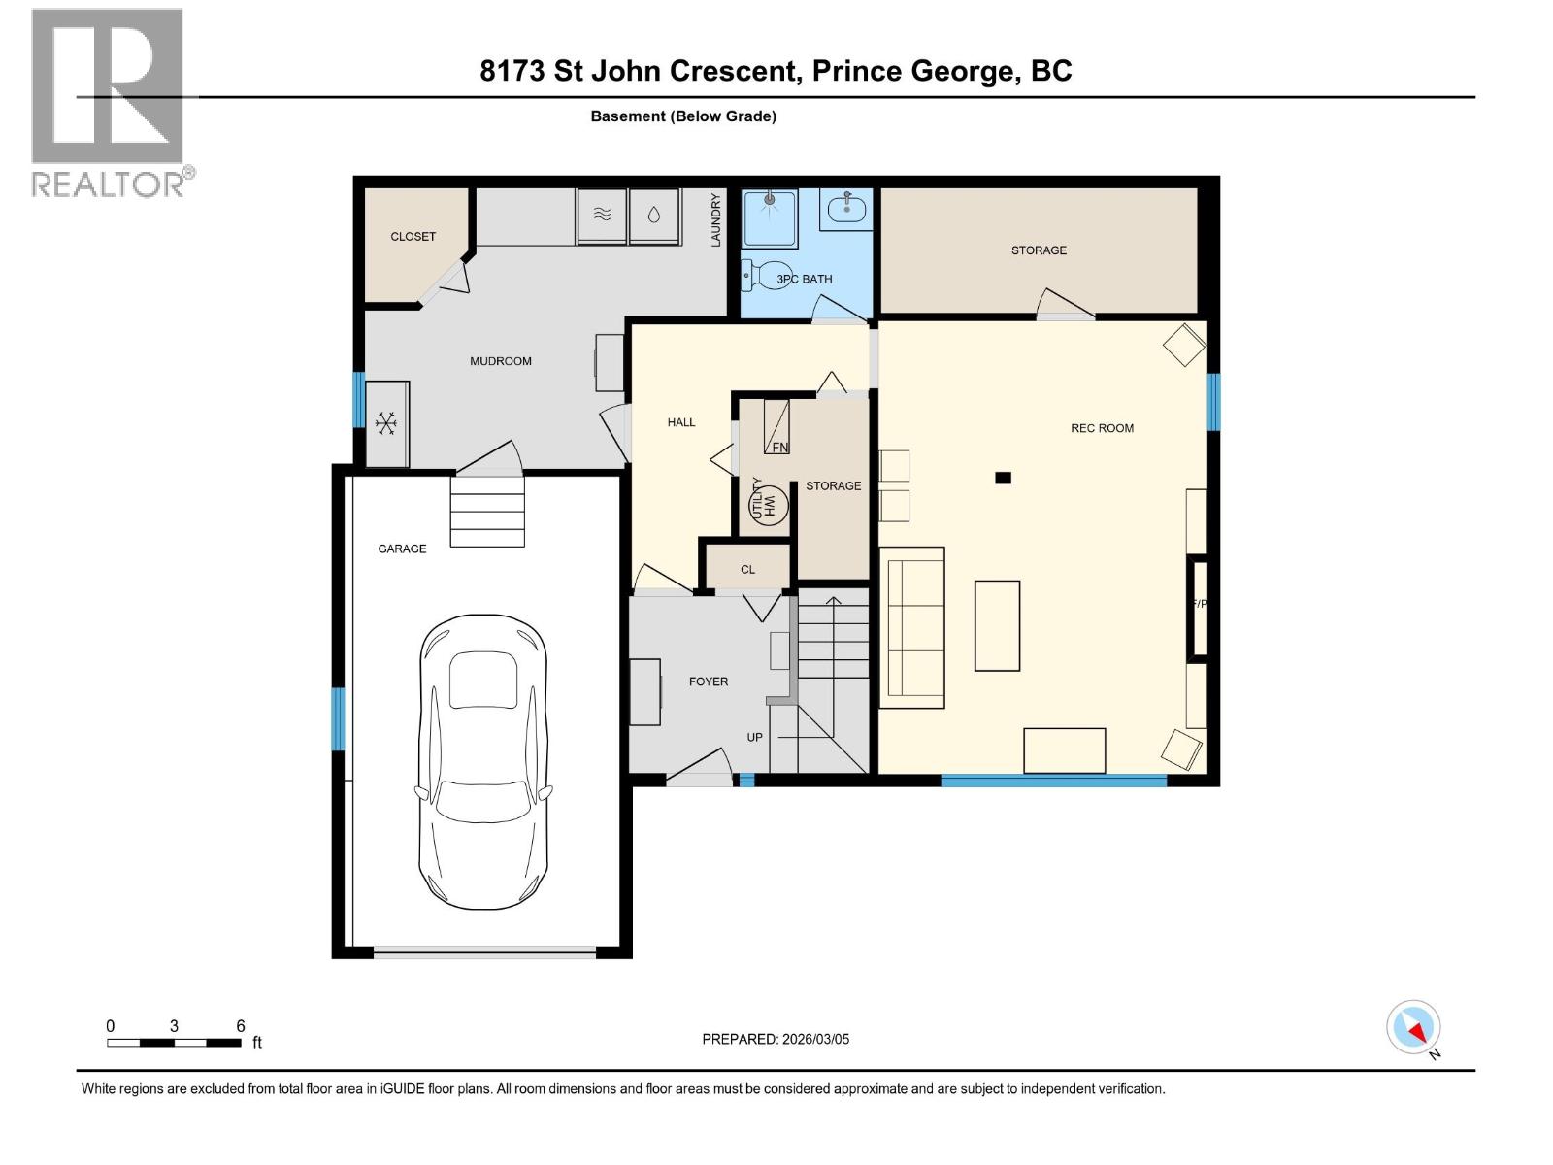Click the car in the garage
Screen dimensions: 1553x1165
click(483, 762)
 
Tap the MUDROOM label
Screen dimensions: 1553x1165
click(500, 361)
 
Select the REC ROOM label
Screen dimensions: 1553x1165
click(1102, 428)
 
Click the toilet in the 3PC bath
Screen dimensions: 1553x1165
click(759, 275)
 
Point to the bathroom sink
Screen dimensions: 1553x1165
click(846, 210)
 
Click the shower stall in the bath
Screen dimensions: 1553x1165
click(769, 217)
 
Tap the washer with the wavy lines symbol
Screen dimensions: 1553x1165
click(602, 215)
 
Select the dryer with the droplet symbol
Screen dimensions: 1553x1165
click(654, 215)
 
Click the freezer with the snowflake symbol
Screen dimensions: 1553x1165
click(386, 423)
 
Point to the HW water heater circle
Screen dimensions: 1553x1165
click(769, 505)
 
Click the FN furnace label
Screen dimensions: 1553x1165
click(779, 447)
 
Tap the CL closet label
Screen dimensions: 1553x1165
click(747, 570)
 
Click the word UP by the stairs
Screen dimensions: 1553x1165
click(755, 737)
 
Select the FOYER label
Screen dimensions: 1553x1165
click(709, 682)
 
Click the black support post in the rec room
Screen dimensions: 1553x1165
click(1003, 479)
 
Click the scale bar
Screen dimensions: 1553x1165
click(174, 1042)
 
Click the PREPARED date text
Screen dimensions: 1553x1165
click(776, 1039)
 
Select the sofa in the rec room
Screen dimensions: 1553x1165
click(912, 627)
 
